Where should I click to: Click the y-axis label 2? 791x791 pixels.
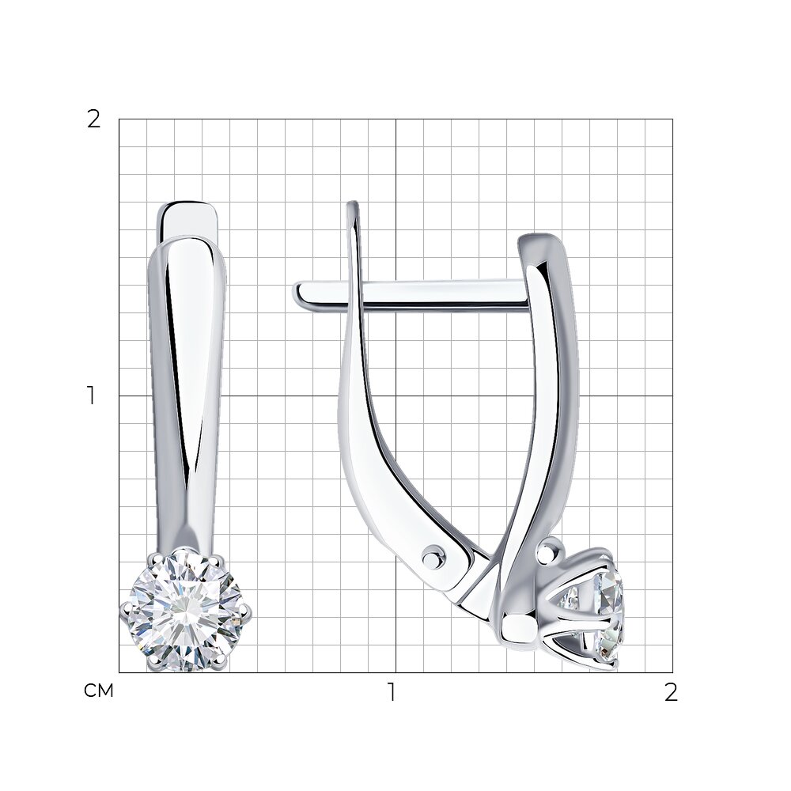pos(94,119)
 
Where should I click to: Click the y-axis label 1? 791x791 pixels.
pos(91,395)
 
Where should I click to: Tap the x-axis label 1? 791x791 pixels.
pos(392,692)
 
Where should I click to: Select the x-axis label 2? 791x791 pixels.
pos(671,692)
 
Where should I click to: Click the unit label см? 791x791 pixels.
pos(99,691)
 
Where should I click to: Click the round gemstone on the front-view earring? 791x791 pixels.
pos(185,611)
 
